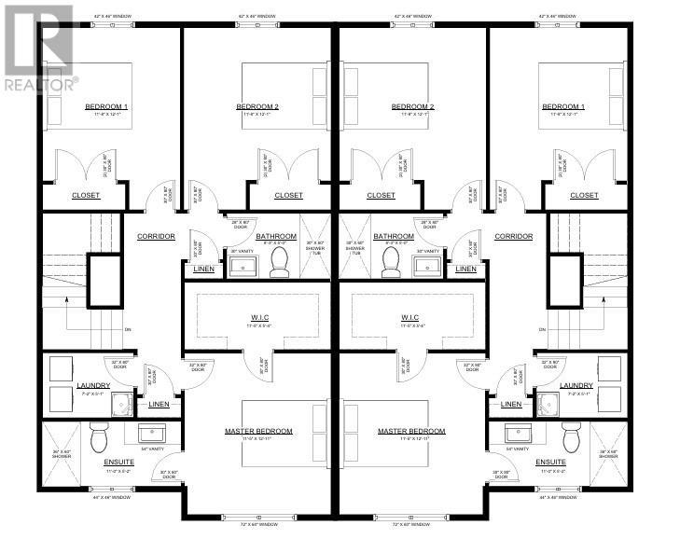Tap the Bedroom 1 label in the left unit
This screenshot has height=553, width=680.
[x=106, y=107]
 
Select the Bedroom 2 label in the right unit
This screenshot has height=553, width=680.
[x=413, y=107]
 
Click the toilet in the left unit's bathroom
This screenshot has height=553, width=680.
[x=279, y=265]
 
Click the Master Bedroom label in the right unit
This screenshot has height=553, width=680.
[x=411, y=432]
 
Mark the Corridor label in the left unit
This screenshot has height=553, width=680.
[x=156, y=237]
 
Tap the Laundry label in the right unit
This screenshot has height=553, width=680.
[x=576, y=385]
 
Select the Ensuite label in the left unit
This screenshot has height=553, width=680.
[x=105, y=463]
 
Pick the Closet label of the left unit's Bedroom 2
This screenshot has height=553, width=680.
[x=288, y=196]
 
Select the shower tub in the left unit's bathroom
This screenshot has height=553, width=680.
[x=315, y=246]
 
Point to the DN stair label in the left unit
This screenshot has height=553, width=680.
[x=128, y=329]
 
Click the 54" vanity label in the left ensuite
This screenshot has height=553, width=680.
[x=151, y=449]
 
